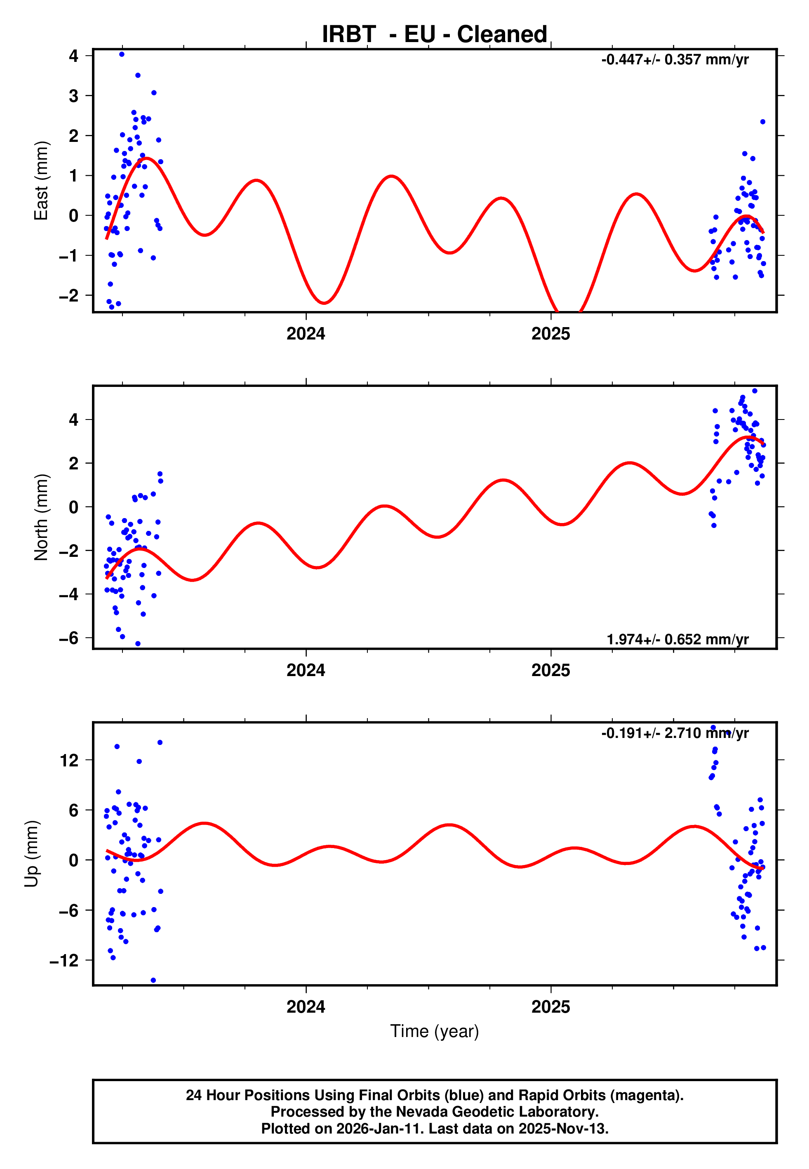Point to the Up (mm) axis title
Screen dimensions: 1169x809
pos(31,854)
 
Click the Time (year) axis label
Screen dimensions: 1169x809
pos(435,1031)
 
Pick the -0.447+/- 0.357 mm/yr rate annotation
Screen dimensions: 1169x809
pos(675,60)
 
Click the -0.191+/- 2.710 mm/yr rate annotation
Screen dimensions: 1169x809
pos(675,733)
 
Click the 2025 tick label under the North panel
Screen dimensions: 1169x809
pos(550,670)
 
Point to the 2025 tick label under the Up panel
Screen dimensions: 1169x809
pos(550,1007)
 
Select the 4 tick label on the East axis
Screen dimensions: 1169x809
pos(74,55)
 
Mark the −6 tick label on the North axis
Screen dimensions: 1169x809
pos(69,638)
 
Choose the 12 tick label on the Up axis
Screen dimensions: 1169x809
pos(69,760)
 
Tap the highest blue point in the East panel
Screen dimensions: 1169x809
pos(122,54)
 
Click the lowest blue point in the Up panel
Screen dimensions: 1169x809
pos(153,980)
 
